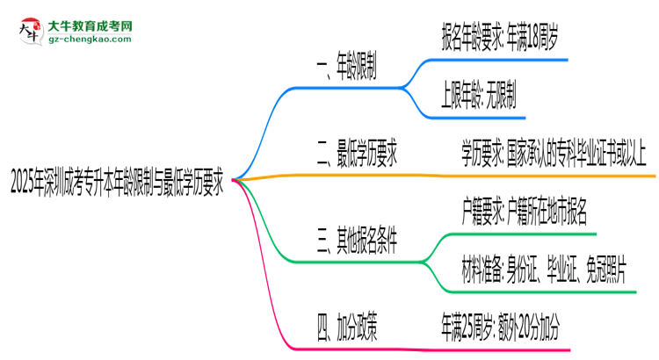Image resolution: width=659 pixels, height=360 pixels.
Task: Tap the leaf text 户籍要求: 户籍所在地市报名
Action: (524, 212)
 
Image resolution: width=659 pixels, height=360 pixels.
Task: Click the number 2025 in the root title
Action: (24, 185)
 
